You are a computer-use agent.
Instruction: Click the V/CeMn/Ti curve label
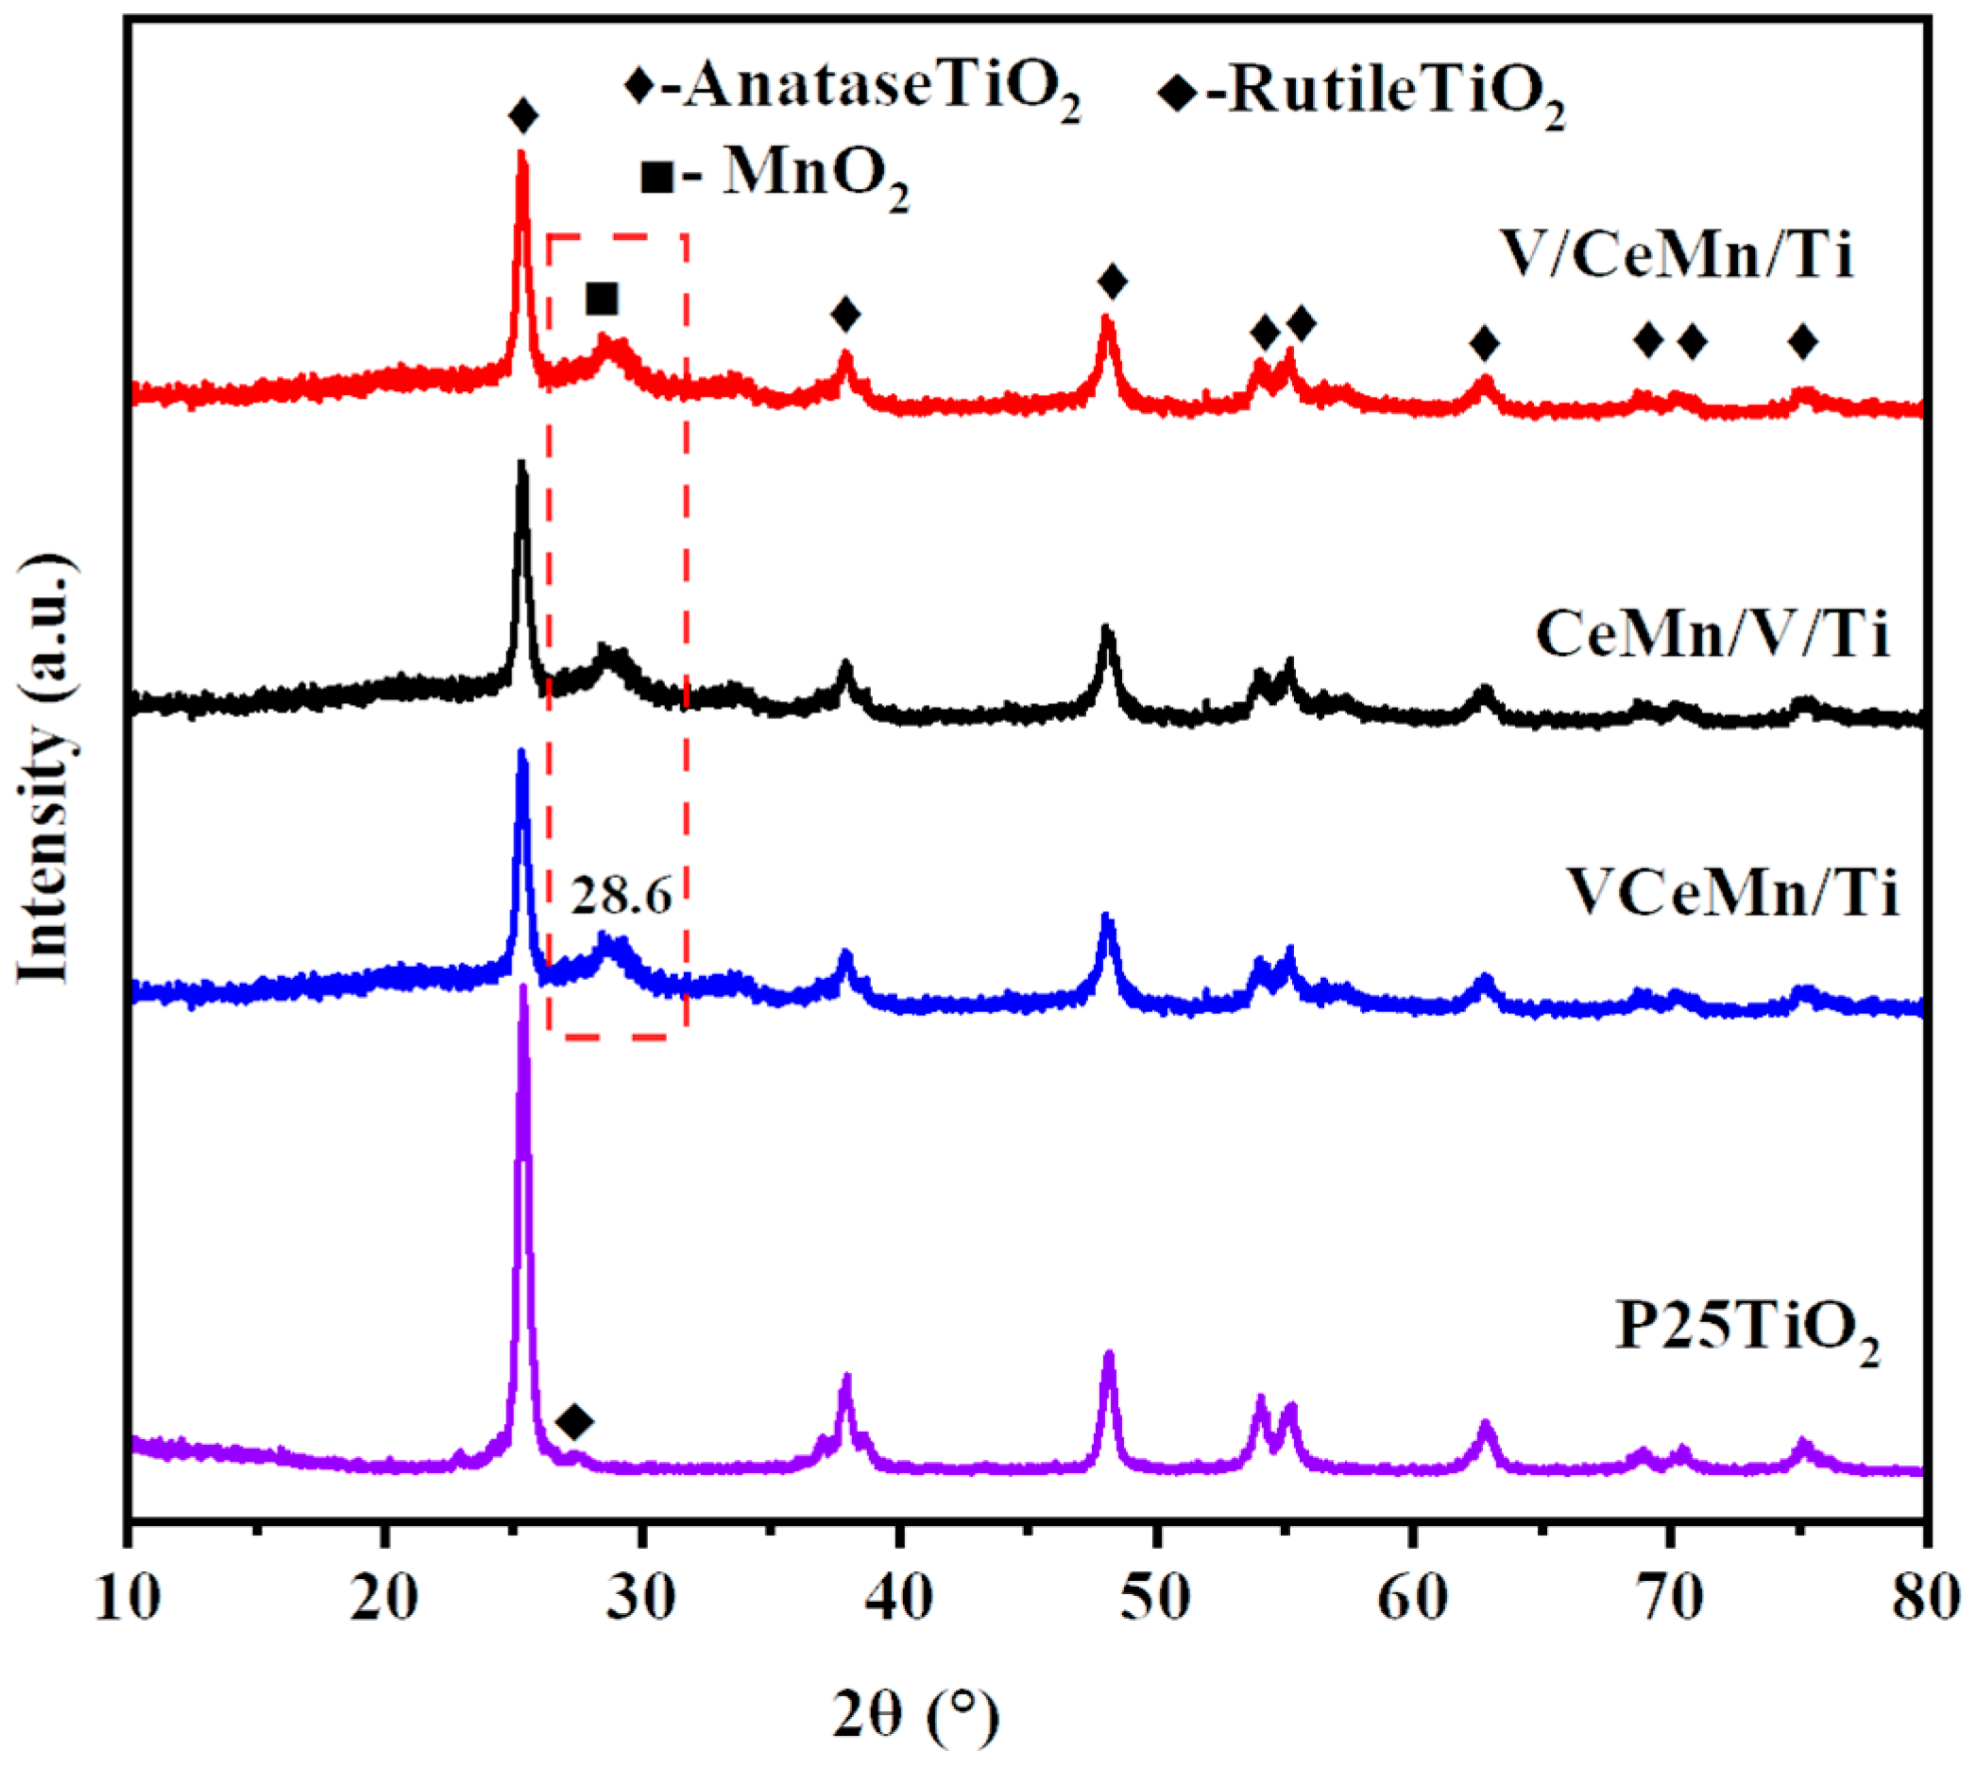pyautogui.click(x=1677, y=256)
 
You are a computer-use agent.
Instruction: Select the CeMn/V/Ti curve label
pyautogui.click(x=1712, y=636)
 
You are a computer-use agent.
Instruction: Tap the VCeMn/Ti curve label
pyautogui.click(x=1732, y=893)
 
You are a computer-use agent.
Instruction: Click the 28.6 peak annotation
pyautogui.click(x=620, y=895)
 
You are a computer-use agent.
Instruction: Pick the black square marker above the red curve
pyautogui.click(x=602, y=300)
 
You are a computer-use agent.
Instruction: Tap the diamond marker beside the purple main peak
pyautogui.click(x=575, y=1422)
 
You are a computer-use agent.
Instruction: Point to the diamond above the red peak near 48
pyautogui.click(x=1113, y=283)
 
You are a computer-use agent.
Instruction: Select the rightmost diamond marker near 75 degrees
pyautogui.click(x=1803, y=342)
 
